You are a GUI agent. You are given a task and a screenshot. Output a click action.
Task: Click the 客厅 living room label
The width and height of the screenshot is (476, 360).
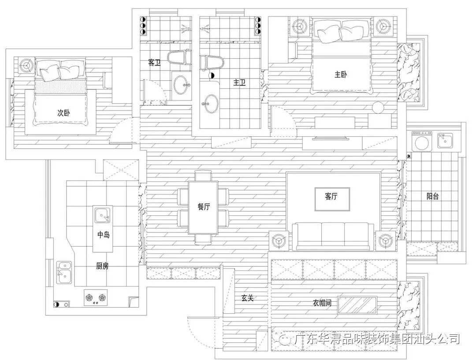pyautogui.click(x=331, y=197)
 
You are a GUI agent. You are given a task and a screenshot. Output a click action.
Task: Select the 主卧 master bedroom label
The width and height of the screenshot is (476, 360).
pyautogui.click(x=340, y=74)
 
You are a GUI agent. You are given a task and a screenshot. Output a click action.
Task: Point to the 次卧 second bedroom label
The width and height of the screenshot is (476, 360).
pyautogui.click(x=63, y=112)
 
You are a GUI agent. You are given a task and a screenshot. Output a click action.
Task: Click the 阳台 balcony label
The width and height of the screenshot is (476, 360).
pyautogui.click(x=432, y=196)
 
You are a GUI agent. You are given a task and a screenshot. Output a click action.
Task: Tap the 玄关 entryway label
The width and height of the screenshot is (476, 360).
pyautogui.click(x=247, y=298)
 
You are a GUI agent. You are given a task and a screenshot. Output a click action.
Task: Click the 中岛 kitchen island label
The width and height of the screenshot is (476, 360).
pyautogui.click(x=103, y=235)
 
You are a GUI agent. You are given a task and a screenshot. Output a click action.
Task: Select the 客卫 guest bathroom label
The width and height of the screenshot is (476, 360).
pyautogui.click(x=154, y=63)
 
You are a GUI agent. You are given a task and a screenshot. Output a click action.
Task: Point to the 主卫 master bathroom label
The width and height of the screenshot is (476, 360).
pyautogui.click(x=239, y=82)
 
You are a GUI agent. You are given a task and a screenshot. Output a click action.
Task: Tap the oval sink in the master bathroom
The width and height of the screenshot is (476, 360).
pyautogui.click(x=211, y=104)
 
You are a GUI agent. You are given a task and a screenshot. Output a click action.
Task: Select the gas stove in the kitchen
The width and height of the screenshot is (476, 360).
pyautogui.click(x=96, y=298)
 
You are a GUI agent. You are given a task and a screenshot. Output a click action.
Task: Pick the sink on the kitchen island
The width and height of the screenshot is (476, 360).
pyautogui.click(x=103, y=216)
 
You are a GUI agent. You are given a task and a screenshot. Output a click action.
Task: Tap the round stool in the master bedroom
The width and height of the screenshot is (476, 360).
pyautogui.click(x=378, y=107)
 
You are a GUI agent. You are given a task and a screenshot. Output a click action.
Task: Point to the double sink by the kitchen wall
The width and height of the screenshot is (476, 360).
pyautogui.click(x=64, y=272)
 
